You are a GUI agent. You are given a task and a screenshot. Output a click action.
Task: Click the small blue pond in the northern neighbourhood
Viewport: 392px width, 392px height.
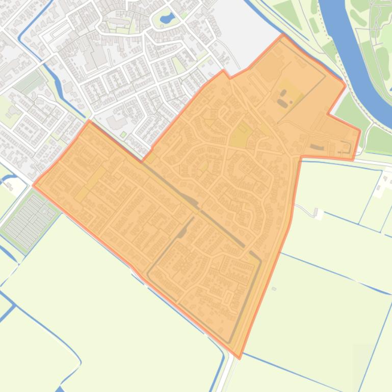coord(166,20)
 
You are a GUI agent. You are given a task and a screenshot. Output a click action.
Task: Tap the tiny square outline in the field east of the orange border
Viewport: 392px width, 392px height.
coord(274,289)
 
